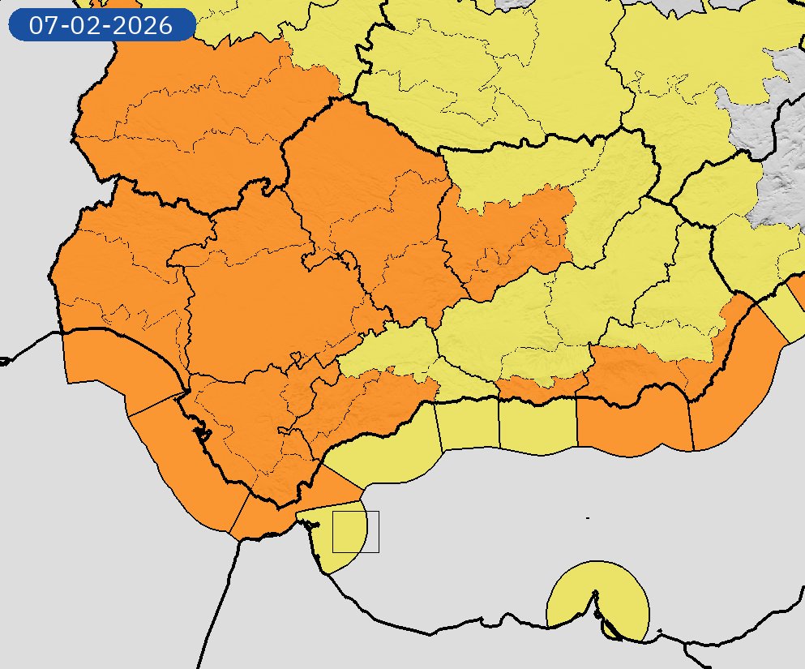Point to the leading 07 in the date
tap(42, 25)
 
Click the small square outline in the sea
tap(356, 532)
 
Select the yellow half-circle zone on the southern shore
tap(576, 596)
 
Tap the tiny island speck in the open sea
tap(587, 517)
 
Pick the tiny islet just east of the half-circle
tap(660, 631)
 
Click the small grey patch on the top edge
tap(519, 4)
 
